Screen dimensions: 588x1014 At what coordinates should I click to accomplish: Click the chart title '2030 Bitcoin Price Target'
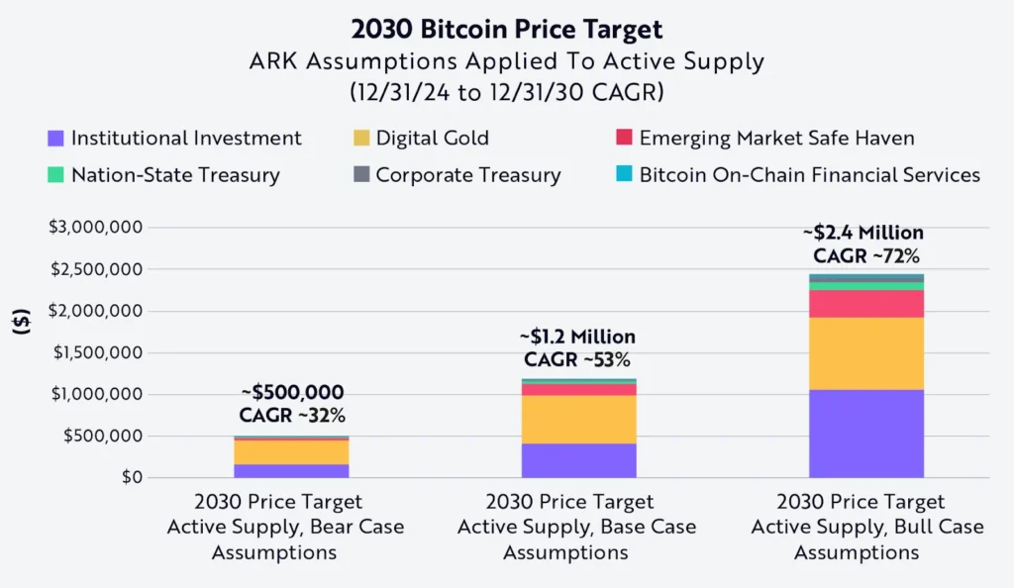coord(507,29)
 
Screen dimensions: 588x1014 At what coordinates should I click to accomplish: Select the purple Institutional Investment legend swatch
coord(55,139)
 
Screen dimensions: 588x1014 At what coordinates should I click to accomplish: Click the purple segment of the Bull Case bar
coord(865,434)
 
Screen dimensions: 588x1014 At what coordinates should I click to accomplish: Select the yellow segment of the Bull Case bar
coord(865,353)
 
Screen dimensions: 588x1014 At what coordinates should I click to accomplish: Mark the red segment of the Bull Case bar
coord(865,304)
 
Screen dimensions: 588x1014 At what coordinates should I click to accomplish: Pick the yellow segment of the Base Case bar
coord(579,420)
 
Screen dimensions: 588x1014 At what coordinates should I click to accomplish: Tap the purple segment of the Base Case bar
coord(579,460)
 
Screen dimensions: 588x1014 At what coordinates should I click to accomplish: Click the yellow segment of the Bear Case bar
coord(291,451)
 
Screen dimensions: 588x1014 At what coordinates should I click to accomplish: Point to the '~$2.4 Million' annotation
coord(862,234)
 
